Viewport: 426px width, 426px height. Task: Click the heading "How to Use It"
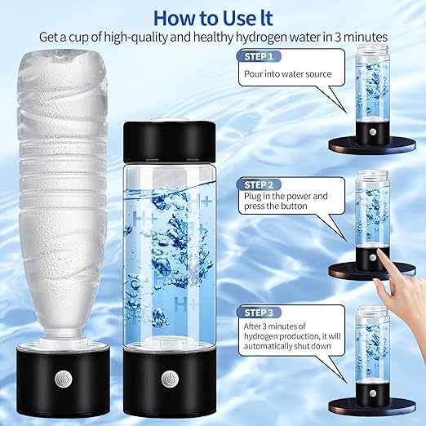tap(213, 18)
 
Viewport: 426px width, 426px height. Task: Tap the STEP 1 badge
tap(259, 56)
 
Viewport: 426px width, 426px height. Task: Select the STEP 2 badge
tap(259, 184)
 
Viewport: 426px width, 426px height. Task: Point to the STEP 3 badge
tap(259, 313)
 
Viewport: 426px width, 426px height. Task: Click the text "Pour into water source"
tap(287, 74)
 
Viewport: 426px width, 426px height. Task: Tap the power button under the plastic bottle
tap(63, 379)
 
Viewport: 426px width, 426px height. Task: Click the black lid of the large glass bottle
tap(170, 141)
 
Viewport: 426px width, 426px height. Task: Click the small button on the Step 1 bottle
tap(373, 132)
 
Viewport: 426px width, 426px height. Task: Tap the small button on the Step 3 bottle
tap(373, 393)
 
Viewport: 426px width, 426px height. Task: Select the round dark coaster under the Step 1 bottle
tap(372, 145)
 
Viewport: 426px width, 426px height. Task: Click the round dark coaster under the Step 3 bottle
tap(372, 406)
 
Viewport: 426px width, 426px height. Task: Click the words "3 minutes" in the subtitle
tap(361, 37)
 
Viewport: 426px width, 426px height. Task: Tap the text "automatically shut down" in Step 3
tap(287, 346)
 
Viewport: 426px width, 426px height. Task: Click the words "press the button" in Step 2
tap(276, 206)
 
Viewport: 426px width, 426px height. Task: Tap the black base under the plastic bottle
tap(63, 381)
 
